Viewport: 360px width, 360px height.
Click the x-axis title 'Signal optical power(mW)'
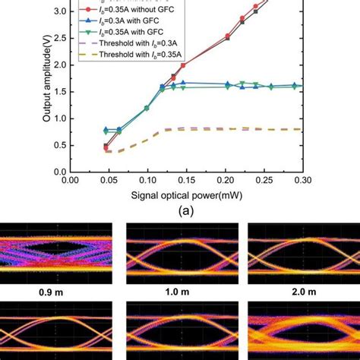click(185, 196)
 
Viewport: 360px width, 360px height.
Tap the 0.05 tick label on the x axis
click(108, 181)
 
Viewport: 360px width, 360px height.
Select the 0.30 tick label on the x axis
click(303, 181)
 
